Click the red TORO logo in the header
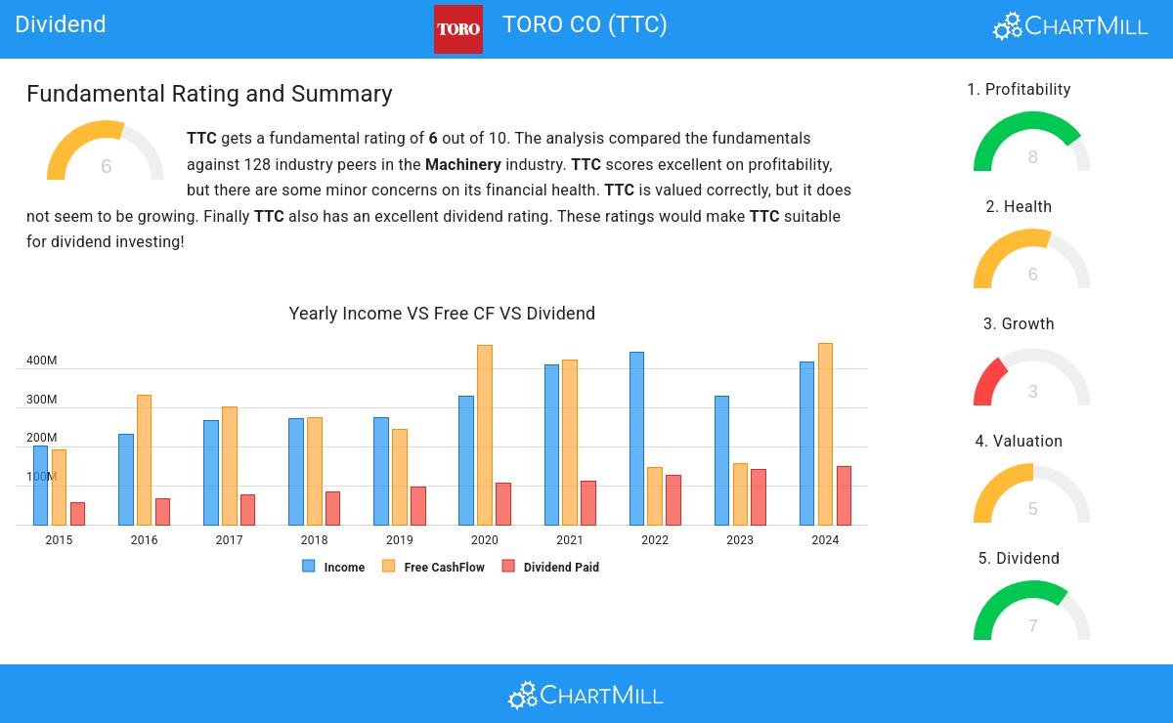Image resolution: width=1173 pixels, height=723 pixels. [457, 29]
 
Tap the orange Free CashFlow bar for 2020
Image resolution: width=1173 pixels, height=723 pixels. [485, 435]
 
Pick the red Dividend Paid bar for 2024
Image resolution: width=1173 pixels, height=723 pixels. [844, 495]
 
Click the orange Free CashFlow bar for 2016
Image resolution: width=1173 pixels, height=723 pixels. [144, 459]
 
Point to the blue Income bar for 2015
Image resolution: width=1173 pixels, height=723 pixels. [40, 485]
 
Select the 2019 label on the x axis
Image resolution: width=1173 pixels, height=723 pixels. [399, 540]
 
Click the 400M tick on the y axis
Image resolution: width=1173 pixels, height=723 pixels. [41, 361]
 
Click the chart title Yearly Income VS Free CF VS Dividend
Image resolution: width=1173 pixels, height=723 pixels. [442, 314]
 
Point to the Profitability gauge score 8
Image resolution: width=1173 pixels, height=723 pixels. [1032, 157]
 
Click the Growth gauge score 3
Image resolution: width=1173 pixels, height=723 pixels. [1032, 392]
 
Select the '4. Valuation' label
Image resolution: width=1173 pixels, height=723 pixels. [1019, 442]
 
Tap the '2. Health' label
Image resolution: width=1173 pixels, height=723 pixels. [1019, 207]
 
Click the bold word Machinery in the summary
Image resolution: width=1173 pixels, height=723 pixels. [462, 165]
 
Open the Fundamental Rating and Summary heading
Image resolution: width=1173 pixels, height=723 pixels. [209, 94]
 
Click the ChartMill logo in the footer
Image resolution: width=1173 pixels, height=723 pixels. [586, 695]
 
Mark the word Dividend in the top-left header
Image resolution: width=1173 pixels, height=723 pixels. [61, 24]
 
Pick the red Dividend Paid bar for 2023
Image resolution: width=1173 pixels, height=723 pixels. [759, 497]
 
